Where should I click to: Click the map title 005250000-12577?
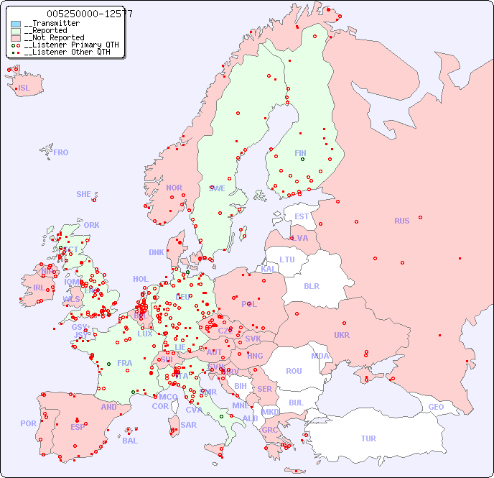click(x=89, y=14)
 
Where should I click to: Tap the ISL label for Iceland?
click(x=24, y=88)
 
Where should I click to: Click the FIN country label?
click(x=300, y=153)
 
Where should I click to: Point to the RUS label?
click(x=401, y=221)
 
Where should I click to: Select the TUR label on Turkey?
click(x=368, y=438)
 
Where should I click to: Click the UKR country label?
click(x=341, y=335)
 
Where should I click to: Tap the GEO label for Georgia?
click(x=436, y=407)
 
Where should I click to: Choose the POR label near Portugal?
click(x=28, y=423)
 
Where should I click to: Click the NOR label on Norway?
click(x=174, y=188)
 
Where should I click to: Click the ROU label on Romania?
click(x=294, y=371)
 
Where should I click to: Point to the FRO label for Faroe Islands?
click(x=61, y=152)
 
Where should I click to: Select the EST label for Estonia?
click(x=302, y=216)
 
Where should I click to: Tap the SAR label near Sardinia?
click(x=188, y=425)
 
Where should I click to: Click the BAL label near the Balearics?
click(x=130, y=441)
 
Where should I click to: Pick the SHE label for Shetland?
click(x=84, y=194)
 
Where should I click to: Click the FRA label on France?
click(x=125, y=363)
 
